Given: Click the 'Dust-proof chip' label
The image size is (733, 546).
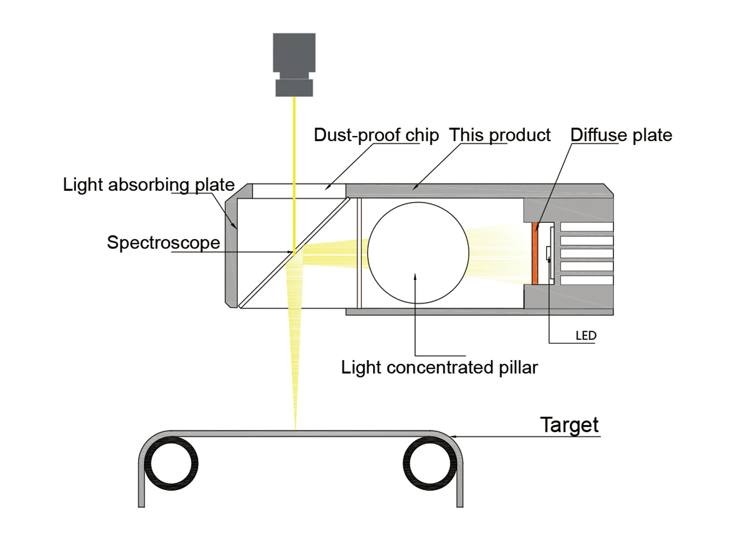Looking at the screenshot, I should pos(376,135).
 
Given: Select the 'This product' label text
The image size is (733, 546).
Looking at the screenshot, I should pos(499,135).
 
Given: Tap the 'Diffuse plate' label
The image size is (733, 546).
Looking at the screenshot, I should pos(621,135).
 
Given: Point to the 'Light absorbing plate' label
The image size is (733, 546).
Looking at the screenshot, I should pos(149,185).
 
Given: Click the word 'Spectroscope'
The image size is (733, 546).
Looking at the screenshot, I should pos(163,243).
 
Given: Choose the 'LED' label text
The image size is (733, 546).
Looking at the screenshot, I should pos(586,336).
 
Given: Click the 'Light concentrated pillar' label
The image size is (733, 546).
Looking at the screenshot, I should pos(439,367).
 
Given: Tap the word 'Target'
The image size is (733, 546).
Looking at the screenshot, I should pos(569,425).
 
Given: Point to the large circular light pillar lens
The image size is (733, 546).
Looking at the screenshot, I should pos(418,252).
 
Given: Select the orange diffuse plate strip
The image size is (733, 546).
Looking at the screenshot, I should pos(535,253).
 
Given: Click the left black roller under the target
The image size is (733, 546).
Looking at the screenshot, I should pos(171,463).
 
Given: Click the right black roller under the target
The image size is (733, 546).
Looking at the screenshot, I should pos(430,463).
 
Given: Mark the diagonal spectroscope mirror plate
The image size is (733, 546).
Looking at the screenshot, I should pos(293,253).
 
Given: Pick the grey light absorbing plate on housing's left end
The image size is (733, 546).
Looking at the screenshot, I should pos(231,252).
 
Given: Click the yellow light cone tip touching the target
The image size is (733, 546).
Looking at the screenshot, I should pos(295,427).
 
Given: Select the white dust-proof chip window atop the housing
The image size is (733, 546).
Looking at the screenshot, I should pos(299,191).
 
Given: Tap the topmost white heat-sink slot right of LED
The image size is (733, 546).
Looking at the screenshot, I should pos(586,227).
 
